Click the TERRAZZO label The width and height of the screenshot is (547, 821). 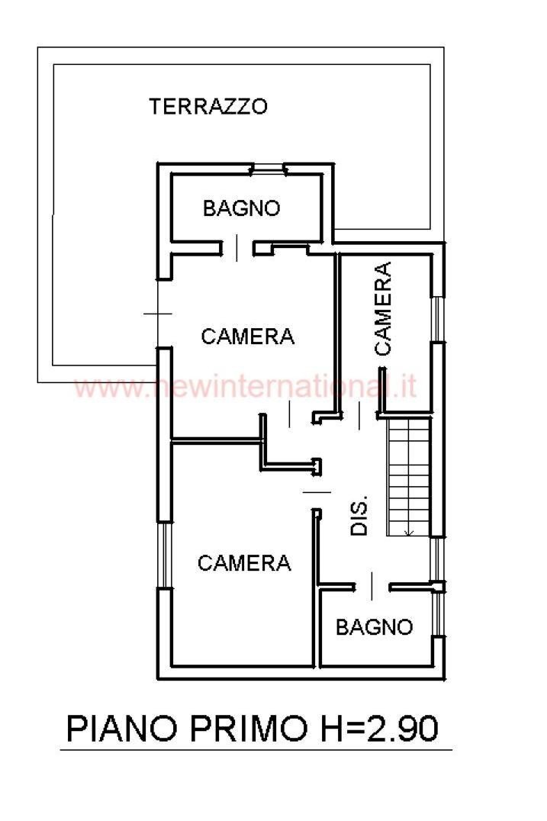[x=208, y=106]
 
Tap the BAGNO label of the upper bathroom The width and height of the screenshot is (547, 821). [x=241, y=208]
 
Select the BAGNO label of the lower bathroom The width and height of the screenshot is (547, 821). [x=374, y=627]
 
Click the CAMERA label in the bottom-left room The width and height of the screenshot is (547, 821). [x=244, y=563]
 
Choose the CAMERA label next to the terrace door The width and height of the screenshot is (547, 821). [x=247, y=336]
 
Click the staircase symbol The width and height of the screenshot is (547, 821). [x=410, y=477]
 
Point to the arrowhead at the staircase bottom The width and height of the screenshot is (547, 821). [x=410, y=532]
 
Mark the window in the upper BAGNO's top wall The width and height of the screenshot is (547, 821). [x=268, y=169]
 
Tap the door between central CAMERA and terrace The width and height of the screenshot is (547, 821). [x=158, y=314]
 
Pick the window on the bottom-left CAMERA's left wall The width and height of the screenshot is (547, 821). [x=163, y=555]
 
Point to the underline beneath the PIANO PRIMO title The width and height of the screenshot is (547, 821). [x=256, y=751]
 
